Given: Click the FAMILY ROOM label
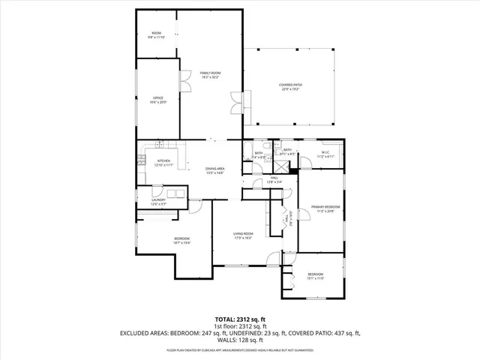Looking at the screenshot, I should point(210,73).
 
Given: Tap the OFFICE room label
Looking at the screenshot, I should point(158,97).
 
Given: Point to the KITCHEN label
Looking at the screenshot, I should point(163,160).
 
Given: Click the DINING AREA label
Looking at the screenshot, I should point(215,169).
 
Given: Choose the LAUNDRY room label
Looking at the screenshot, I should point(157,199).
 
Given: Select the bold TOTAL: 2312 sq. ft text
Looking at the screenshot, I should point(239,319).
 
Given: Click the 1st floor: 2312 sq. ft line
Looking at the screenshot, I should point(239,326).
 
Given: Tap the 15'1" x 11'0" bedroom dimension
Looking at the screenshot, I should point(315,278).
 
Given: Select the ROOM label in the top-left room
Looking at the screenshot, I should point(157,33).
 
